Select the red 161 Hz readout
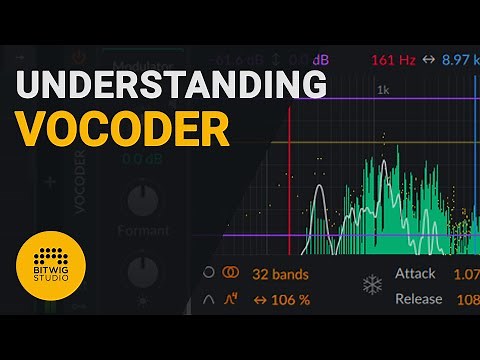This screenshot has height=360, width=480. tap(391, 60)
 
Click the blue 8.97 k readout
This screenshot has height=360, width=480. tap(461, 60)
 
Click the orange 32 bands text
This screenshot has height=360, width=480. tap(280, 274)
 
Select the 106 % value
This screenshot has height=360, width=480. tap(286, 299)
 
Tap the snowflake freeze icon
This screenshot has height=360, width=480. tap(372, 287)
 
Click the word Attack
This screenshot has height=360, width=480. tap(416, 274)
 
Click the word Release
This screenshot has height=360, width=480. tap(419, 299)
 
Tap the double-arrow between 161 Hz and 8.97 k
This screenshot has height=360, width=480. tap(429, 60)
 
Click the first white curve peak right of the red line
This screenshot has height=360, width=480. tap(319, 190)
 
